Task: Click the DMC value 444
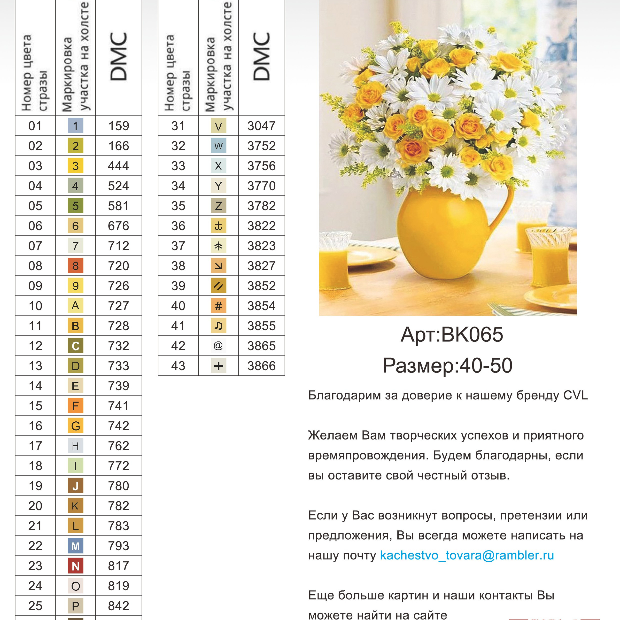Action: pos(118,166)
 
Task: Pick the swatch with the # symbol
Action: pos(218,306)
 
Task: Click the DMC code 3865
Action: pos(261,346)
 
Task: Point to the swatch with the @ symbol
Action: pos(218,346)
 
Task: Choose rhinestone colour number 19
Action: pos(35,486)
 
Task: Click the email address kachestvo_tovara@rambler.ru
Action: pos(467,556)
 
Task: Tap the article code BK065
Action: pos(472,335)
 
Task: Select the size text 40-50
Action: pos(486,365)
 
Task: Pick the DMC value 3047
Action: pos(261,126)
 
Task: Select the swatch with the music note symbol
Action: pos(218,326)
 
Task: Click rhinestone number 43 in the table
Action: pos(178,366)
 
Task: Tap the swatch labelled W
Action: pos(218,146)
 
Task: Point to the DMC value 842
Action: pos(118,606)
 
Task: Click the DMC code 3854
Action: pos(261,306)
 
